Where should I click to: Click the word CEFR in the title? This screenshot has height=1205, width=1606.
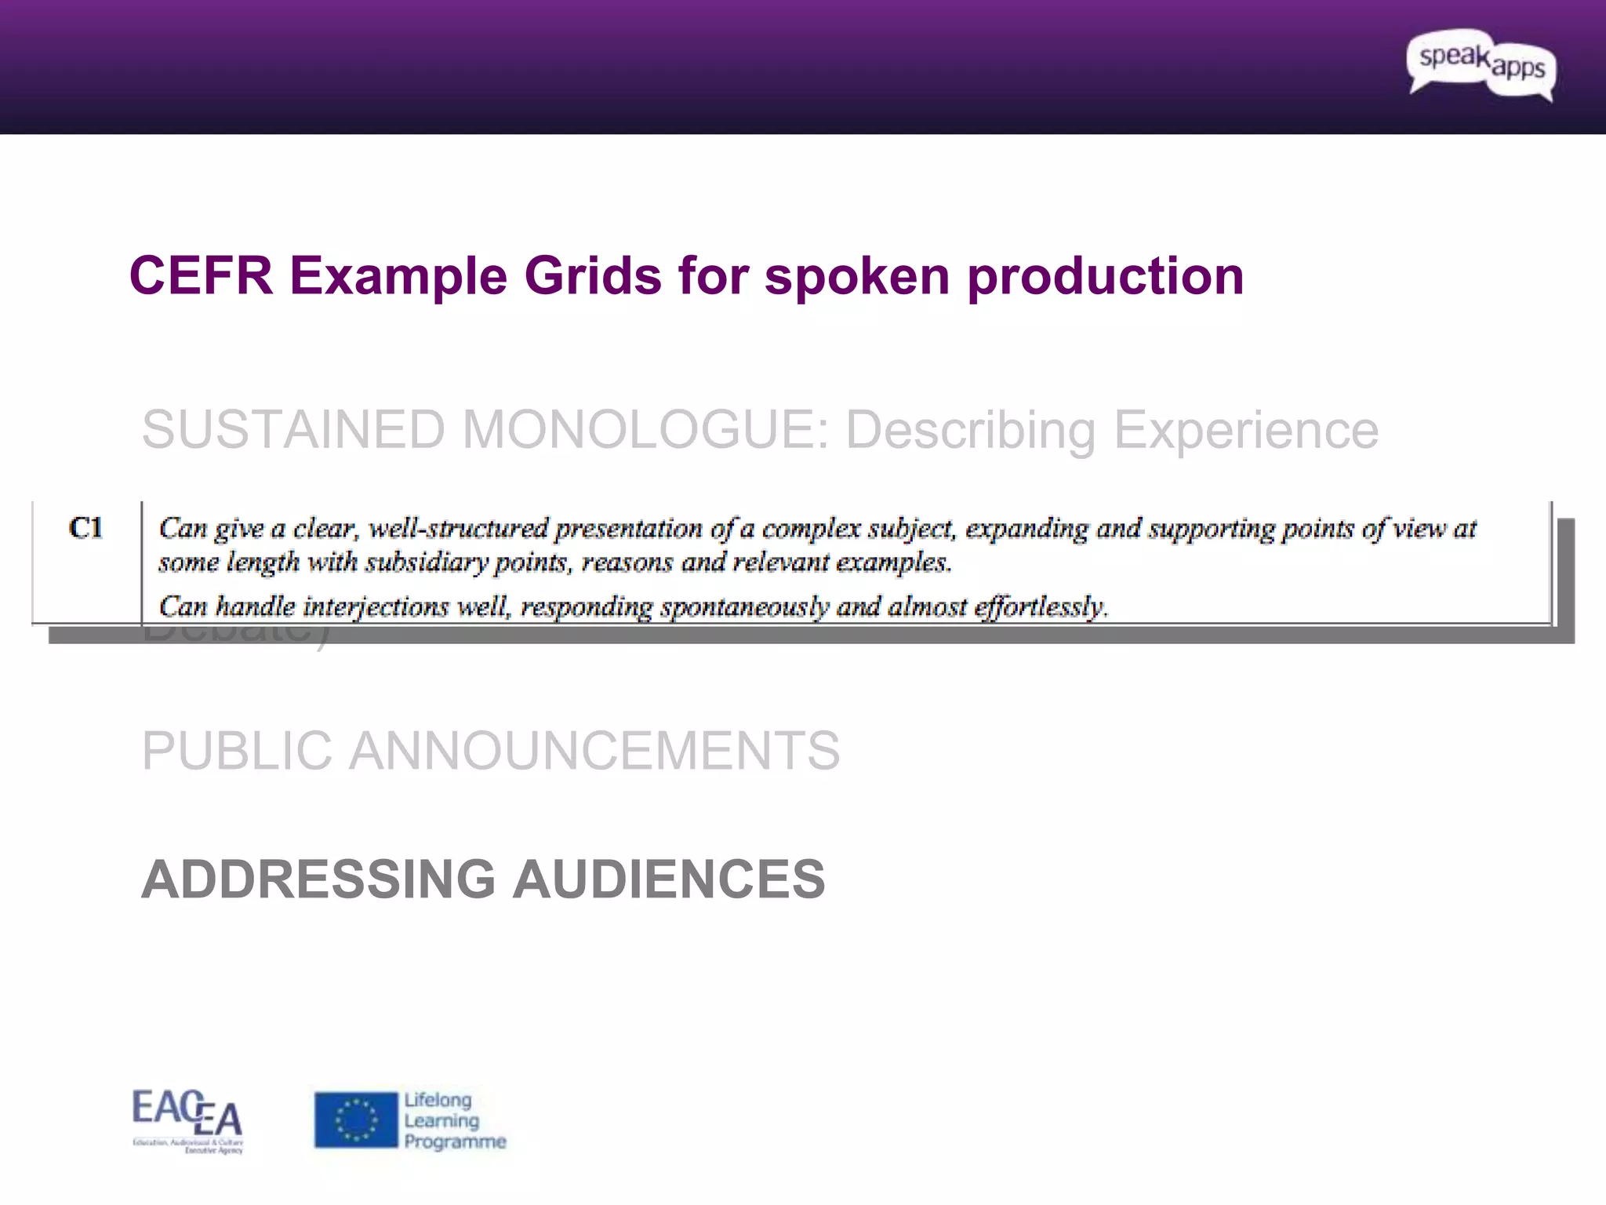[x=201, y=276]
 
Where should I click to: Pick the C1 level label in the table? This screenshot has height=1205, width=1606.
[x=85, y=528]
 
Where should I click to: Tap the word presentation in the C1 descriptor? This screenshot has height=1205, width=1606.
[x=628, y=530]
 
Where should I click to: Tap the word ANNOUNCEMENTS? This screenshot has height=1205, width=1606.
[x=594, y=751]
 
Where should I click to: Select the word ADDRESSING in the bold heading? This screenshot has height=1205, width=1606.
[x=318, y=879]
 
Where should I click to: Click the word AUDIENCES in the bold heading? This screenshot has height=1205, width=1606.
[x=669, y=879]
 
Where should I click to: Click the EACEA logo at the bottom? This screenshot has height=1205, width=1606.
[x=187, y=1120]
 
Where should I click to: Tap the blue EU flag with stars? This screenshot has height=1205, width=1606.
[x=356, y=1120]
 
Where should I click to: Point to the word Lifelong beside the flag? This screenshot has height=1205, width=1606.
[x=438, y=1100]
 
